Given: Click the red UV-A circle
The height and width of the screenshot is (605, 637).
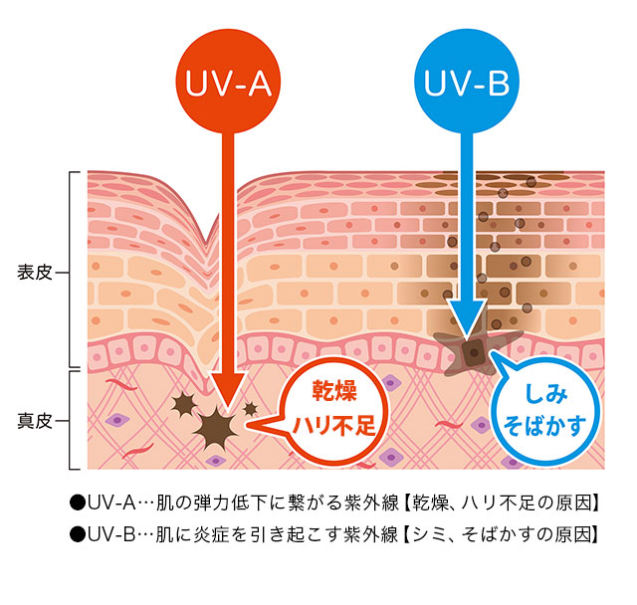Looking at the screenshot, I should (228, 84).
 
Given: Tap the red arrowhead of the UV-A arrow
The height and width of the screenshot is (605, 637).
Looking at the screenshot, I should (227, 393).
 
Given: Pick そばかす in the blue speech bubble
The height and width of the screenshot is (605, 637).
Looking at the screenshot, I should (546, 429).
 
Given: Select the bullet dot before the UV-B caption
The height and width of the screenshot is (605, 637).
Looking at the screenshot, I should (76, 534).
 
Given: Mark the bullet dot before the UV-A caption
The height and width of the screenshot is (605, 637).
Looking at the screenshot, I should (76, 503).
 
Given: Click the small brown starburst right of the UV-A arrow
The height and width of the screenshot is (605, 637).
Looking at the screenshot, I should (250, 409).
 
